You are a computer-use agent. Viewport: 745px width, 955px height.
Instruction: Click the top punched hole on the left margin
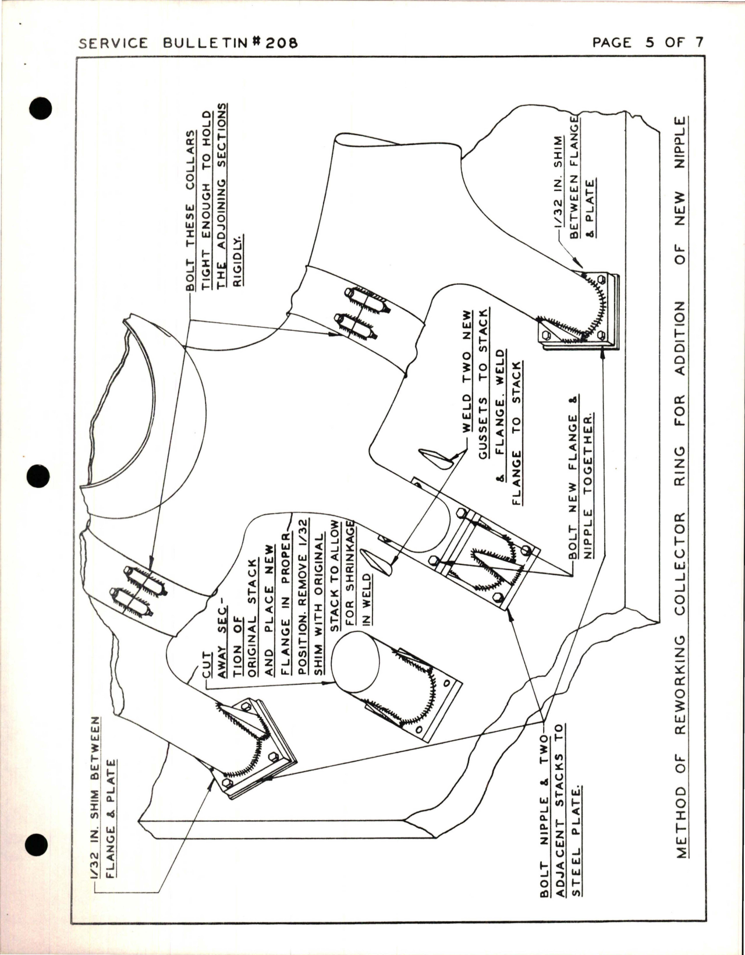[x=40, y=109]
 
